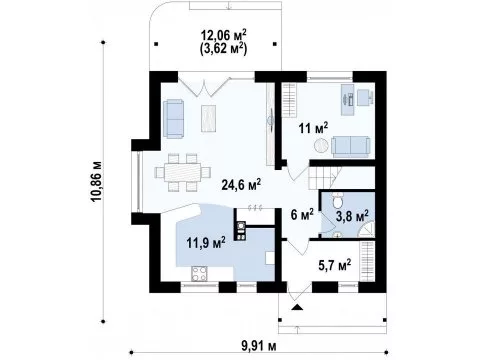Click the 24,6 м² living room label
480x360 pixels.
pos(241,184)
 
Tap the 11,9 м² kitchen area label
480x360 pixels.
pos(206,242)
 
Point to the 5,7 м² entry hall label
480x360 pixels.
pos(335,265)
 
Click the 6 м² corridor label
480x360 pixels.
pos(302,214)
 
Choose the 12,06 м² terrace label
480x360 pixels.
pos(223,35)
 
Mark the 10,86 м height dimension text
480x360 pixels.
pos(97,182)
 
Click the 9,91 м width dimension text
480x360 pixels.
pos(259,347)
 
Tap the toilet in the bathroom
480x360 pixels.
pos(337,201)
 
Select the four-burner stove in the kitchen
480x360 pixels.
pos(200,273)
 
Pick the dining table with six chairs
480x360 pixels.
pos(183,172)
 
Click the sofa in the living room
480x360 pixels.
pos(173,118)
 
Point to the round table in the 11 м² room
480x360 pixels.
pos(321,146)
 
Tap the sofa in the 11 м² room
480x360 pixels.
pos(351,147)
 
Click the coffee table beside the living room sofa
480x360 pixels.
pos(209,118)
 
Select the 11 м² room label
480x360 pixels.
pos(313,128)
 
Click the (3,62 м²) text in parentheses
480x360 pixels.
pos(223,48)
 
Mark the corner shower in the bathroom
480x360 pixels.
pos(367,229)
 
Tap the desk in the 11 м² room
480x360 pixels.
pos(348,99)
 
